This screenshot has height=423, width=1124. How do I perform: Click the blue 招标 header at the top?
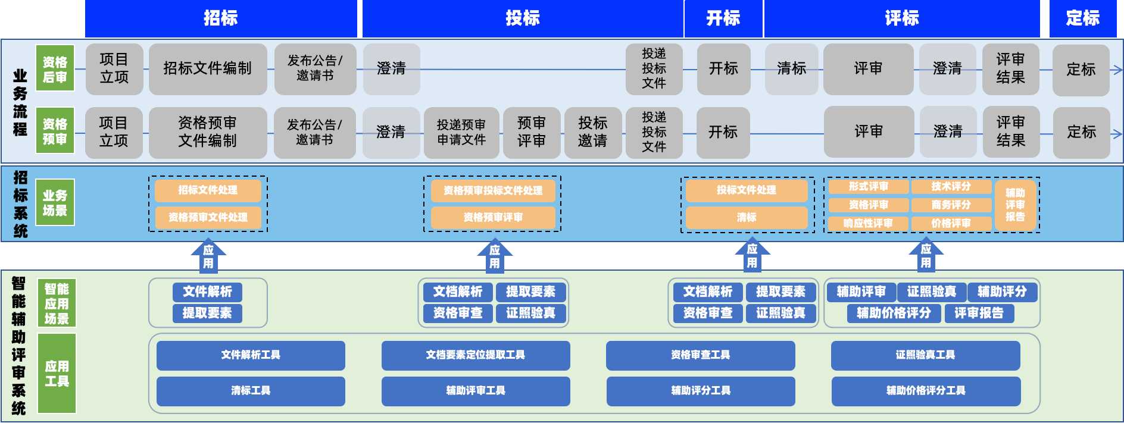221,18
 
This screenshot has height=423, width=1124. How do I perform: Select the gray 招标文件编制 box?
208,69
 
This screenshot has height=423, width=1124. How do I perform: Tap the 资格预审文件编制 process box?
208,132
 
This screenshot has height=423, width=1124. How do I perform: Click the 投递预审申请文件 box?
461,132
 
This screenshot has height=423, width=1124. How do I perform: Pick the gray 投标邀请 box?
593,132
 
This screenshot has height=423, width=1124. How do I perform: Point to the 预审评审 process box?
531,132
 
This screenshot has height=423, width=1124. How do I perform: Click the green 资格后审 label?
55,69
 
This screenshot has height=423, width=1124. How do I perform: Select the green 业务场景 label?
55,203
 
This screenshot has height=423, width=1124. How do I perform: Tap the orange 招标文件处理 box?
208,190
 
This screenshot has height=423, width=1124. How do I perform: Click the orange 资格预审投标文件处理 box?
493,190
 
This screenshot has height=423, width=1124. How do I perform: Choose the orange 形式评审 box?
868,187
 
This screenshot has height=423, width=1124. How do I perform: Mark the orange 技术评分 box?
951,187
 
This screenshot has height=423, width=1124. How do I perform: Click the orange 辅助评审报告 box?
1015,205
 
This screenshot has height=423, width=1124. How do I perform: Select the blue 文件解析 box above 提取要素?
207,292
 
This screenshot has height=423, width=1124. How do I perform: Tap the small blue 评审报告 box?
979,313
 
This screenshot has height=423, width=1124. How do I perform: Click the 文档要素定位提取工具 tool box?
476,355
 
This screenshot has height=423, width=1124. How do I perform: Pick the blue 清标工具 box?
251,391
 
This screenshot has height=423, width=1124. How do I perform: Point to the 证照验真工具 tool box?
925,355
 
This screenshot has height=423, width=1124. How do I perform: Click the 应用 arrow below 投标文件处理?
753,256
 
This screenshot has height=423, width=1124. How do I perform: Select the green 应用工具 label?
57,374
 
